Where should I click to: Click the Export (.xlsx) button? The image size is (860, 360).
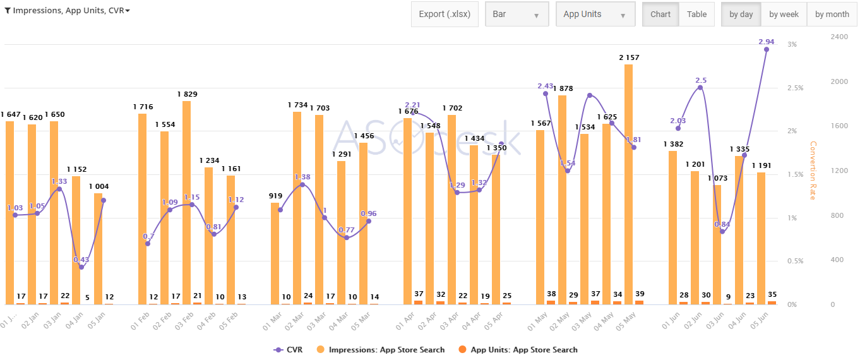pos(445,15)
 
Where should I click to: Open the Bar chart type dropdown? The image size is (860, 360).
pos(517,15)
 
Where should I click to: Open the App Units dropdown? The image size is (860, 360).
pos(595,15)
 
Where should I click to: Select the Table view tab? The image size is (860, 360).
pos(696,15)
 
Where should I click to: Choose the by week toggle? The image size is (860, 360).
pos(784,15)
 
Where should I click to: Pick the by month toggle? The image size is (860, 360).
pos(832,15)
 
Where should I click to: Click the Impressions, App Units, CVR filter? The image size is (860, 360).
pos(67,11)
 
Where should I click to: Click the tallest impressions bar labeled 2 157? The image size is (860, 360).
pos(628,183)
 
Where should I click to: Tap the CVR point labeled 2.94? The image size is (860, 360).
pos(767,49)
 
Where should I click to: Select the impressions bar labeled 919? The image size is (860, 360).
pos(275,253)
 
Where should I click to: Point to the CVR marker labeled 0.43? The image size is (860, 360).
pos(81,267)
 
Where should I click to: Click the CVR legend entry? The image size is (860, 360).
pos(288,349)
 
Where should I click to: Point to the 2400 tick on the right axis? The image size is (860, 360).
pos(839,37)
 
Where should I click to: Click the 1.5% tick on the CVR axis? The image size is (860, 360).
pos(795,175)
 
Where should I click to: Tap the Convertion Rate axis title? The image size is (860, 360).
pos(813,171)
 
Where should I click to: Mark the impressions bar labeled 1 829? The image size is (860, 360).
pos(186,202)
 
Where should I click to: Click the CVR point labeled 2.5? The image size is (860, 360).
pos(700,87)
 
